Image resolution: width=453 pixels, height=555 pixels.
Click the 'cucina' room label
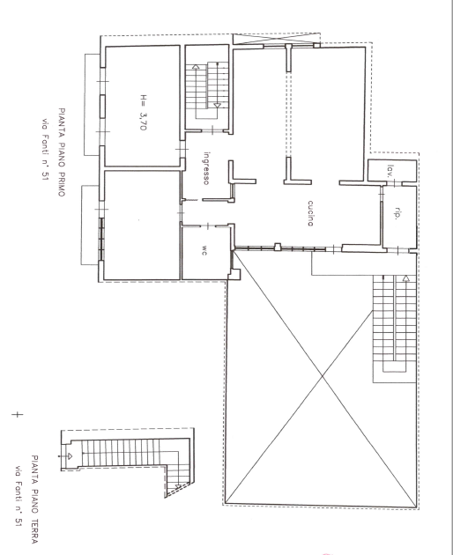pos(310,213)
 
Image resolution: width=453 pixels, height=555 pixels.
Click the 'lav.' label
pos(390,171)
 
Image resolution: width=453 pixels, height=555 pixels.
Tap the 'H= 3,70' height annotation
pos(143,112)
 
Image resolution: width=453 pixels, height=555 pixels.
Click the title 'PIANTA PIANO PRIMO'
pos(62,152)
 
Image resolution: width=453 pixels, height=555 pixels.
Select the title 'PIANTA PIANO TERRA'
pos(34,499)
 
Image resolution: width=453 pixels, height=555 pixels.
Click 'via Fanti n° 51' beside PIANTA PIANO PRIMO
pos(45,150)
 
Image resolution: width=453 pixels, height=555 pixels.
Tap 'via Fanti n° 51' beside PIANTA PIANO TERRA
pos(19,496)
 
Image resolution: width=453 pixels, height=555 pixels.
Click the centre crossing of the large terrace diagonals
pos(322,377)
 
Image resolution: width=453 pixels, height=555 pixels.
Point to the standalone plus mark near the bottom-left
pos(17,414)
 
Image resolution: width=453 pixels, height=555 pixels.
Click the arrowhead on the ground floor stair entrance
pos(70,456)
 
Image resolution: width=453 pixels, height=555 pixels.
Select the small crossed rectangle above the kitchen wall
pos(276,39)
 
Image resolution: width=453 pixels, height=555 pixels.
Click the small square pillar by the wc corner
pos(234,275)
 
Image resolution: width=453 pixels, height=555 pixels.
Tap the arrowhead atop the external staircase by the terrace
pos(406,278)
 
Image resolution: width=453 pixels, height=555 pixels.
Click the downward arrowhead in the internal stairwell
pos(217,105)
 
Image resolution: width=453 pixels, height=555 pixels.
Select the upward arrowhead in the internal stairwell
pos(196,66)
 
